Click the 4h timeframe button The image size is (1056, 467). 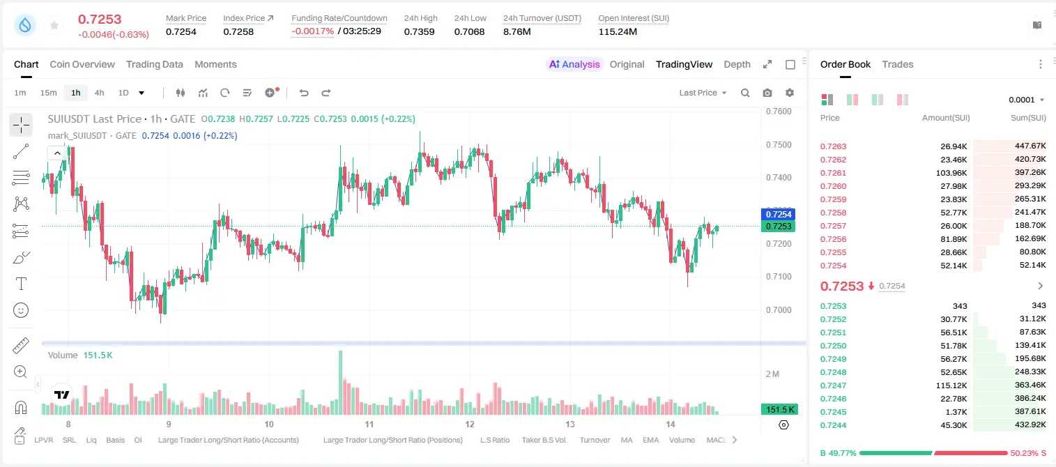pyautogui.click(x=99, y=93)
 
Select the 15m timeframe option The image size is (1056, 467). pyautogui.click(x=49, y=93)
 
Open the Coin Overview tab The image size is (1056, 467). pyautogui.click(x=82, y=64)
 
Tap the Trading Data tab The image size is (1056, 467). pyautogui.click(x=154, y=64)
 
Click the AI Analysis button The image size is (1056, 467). pyautogui.click(x=574, y=64)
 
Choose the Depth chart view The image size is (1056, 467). pyautogui.click(x=737, y=64)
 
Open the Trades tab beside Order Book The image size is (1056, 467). pyautogui.click(x=897, y=64)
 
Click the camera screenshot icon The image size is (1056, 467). pyautogui.click(x=767, y=93)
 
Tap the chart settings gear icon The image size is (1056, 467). pyautogui.click(x=790, y=93)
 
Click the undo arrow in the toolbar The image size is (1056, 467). pyautogui.click(x=304, y=93)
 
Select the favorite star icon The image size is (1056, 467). pyautogui.click(x=54, y=25)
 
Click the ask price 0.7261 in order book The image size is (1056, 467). pyautogui.click(x=833, y=173)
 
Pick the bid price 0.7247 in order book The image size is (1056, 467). pyautogui.click(x=833, y=385)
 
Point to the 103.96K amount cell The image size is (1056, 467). pyautogui.click(x=951, y=173)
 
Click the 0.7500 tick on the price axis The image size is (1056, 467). pyautogui.click(x=779, y=145)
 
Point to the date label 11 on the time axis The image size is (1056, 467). pyautogui.click(x=369, y=424)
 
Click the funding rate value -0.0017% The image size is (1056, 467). pyautogui.click(x=312, y=31)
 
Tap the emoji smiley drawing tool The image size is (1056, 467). pyautogui.click(x=21, y=310)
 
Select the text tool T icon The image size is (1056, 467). pyautogui.click(x=21, y=284)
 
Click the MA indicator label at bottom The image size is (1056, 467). pyautogui.click(x=627, y=440)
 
